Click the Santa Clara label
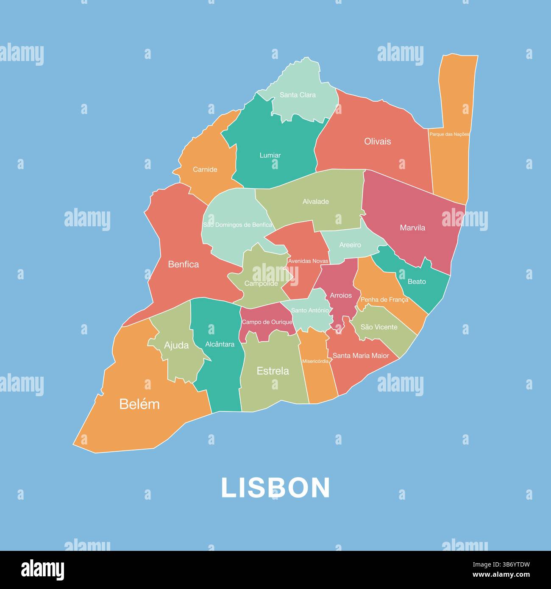[x=298, y=95]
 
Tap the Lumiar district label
[x=270, y=156]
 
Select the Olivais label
[x=377, y=142]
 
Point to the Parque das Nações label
[x=449, y=134]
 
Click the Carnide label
[x=205, y=169]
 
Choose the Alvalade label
[x=315, y=202]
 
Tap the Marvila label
[x=412, y=228]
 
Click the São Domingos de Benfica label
[x=237, y=225]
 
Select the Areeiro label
[x=350, y=245]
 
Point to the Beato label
[x=417, y=282]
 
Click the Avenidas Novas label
[x=308, y=261]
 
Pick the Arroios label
[x=341, y=295]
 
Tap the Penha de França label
[x=384, y=300]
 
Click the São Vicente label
[x=379, y=327]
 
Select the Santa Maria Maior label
[x=361, y=356]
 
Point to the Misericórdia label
[x=315, y=361]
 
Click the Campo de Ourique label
[x=267, y=322]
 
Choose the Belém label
[x=139, y=404]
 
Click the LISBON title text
[x=275, y=488]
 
